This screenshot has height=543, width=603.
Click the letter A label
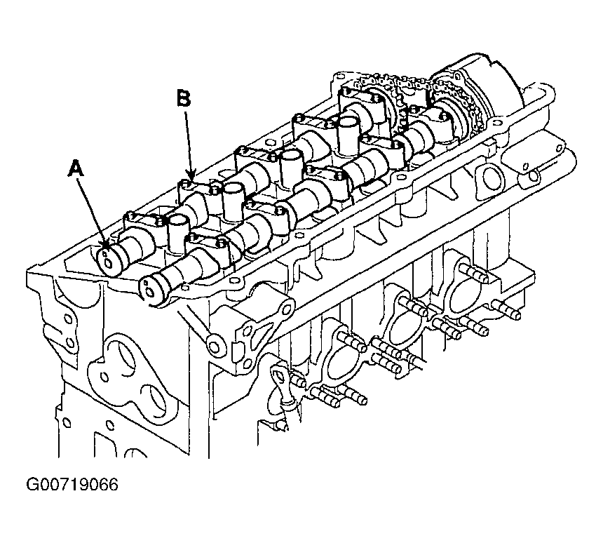click(x=76, y=169)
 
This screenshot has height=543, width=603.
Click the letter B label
click(x=184, y=98)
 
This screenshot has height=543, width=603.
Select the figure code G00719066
click(x=72, y=485)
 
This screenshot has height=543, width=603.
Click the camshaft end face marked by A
click(x=107, y=261)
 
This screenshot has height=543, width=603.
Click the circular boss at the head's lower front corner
click(x=215, y=345)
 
